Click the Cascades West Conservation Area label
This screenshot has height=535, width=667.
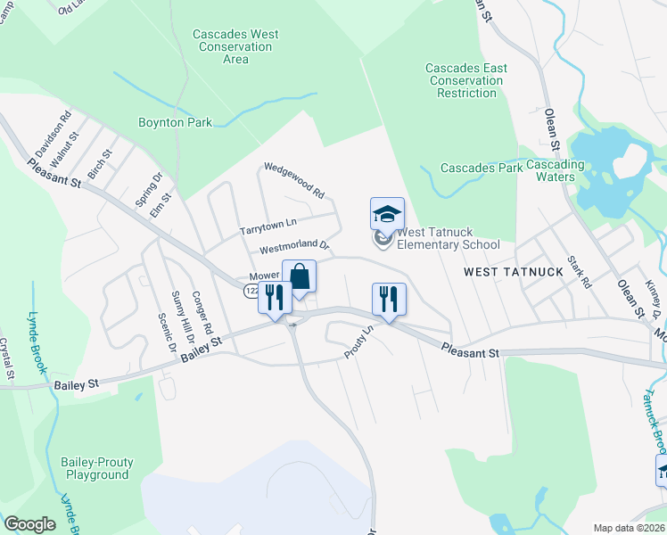[x=235, y=46]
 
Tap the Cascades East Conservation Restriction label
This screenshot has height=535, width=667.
[x=466, y=80]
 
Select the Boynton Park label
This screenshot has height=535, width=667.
[x=175, y=122]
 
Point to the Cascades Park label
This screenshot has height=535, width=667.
[x=482, y=168]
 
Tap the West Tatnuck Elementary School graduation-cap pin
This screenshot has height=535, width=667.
[x=387, y=215]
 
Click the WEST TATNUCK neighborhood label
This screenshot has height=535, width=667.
[x=513, y=271]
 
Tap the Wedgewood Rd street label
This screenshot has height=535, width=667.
[x=293, y=180]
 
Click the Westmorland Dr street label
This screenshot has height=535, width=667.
[x=294, y=248]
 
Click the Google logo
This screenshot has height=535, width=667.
[x=29, y=524]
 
